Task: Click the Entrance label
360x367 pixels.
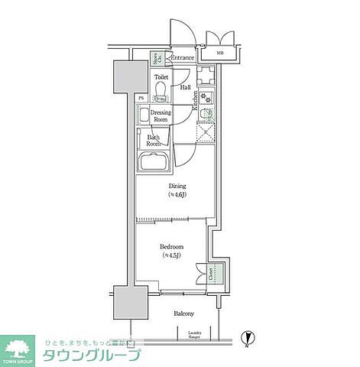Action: pos(183,58)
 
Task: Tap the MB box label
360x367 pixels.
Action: pos(219,54)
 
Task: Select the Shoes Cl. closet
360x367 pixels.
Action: pos(155,59)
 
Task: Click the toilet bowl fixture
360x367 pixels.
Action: pos(160,92)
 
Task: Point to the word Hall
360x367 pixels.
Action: pos(186,87)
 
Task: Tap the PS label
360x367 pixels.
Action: pos(141,98)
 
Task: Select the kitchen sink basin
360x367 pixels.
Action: pos(205,113)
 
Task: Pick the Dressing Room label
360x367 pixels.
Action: pos(160,115)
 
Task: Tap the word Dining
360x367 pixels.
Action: pos(177,186)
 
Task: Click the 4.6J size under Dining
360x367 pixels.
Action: pos(177,196)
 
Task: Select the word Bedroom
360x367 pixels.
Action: pos(171,247)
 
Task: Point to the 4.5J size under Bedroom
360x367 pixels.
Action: pos(171,256)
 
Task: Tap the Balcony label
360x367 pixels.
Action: pos(183,313)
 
